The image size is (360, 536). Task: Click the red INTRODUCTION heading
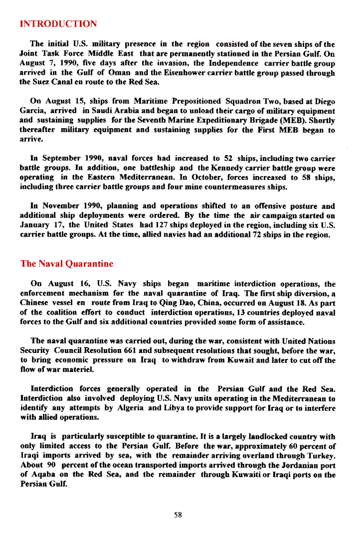pos(58,24)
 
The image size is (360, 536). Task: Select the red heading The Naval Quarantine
pos(67,264)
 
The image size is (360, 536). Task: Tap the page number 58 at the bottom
pos(178,515)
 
